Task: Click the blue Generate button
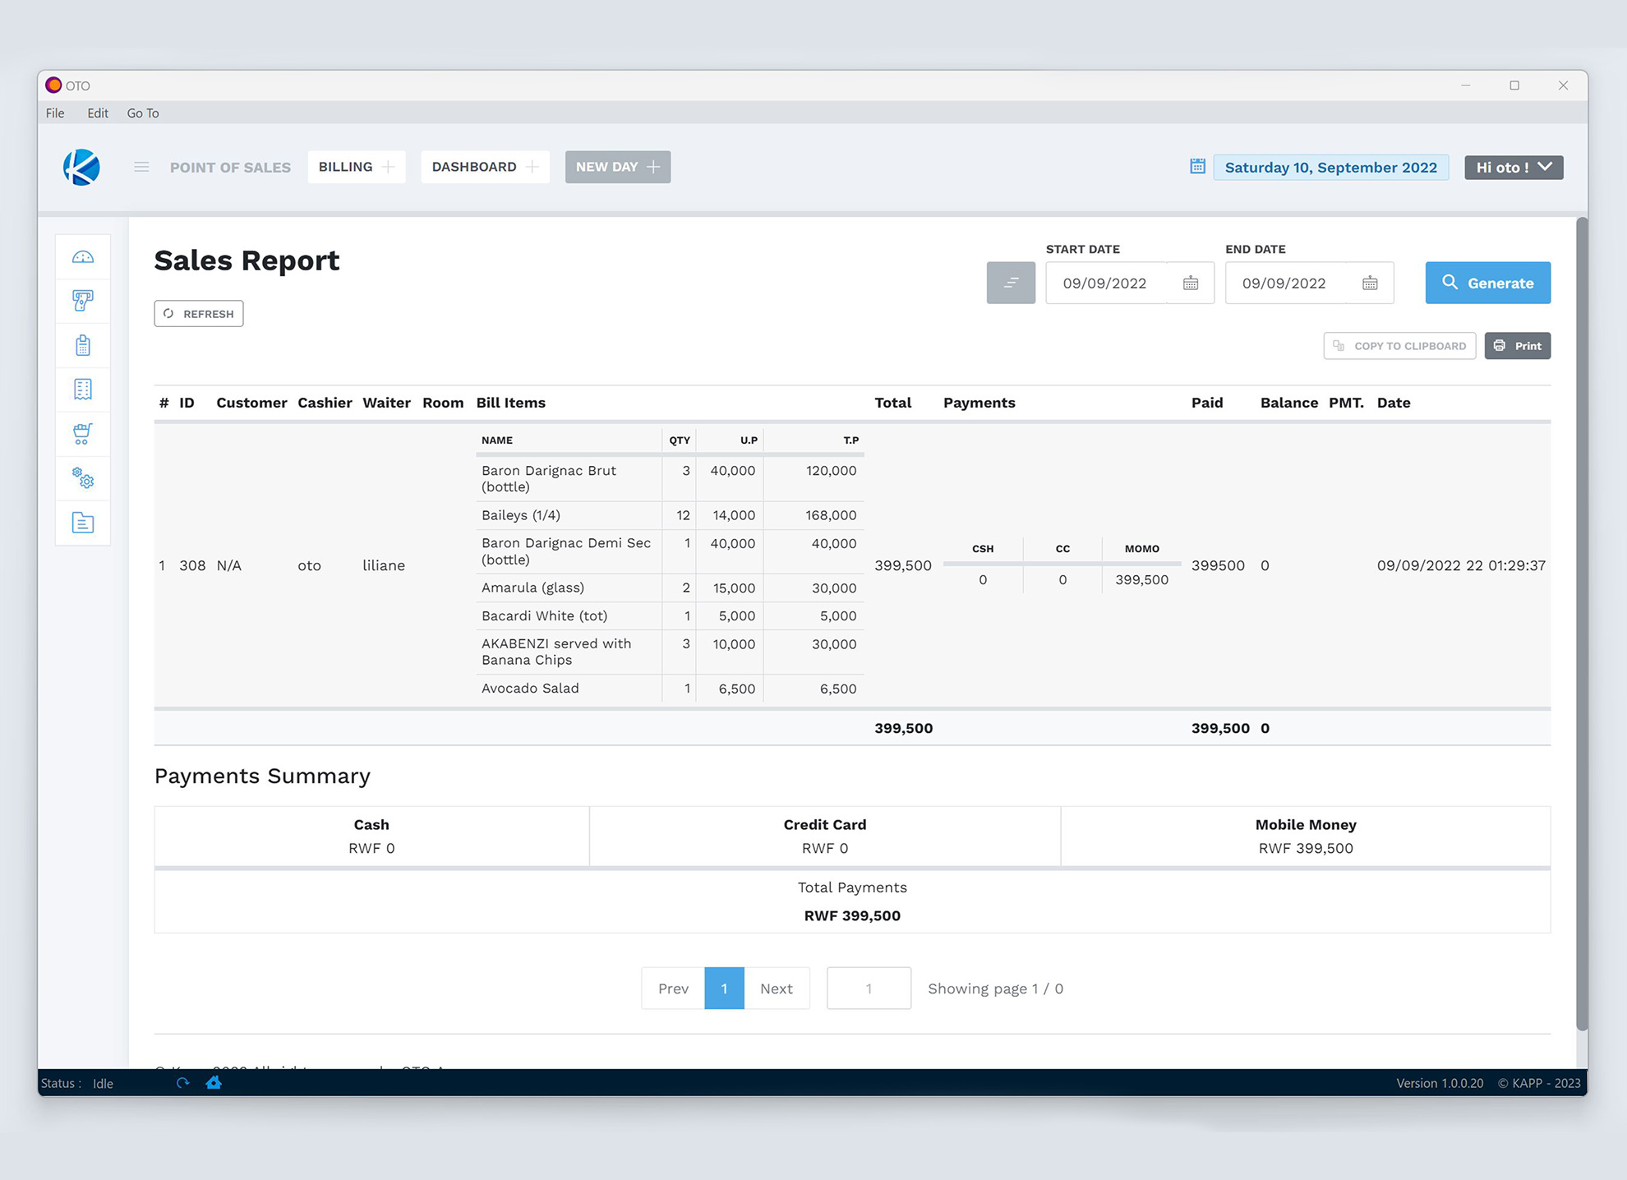pos(1487,283)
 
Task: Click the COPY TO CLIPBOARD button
pos(1399,346)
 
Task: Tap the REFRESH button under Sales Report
pos(199,314)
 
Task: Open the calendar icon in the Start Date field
pos(1191,283)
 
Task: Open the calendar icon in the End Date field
pos(1370,283)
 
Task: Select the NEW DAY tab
pos(617,167)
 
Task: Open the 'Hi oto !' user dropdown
pos(1514,168)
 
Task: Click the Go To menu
pos(143,113)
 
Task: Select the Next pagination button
pos(776,989)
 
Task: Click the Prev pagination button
pos(673,989)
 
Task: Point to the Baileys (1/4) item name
pos(521,515)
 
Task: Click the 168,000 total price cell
pos(830,515)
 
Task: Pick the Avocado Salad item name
pos(530,689)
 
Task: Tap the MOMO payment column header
pos(1141,549)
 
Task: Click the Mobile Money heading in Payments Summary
pos(1305,825)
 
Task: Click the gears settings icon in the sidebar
pos(83,478)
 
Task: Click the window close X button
pos(1563,85)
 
